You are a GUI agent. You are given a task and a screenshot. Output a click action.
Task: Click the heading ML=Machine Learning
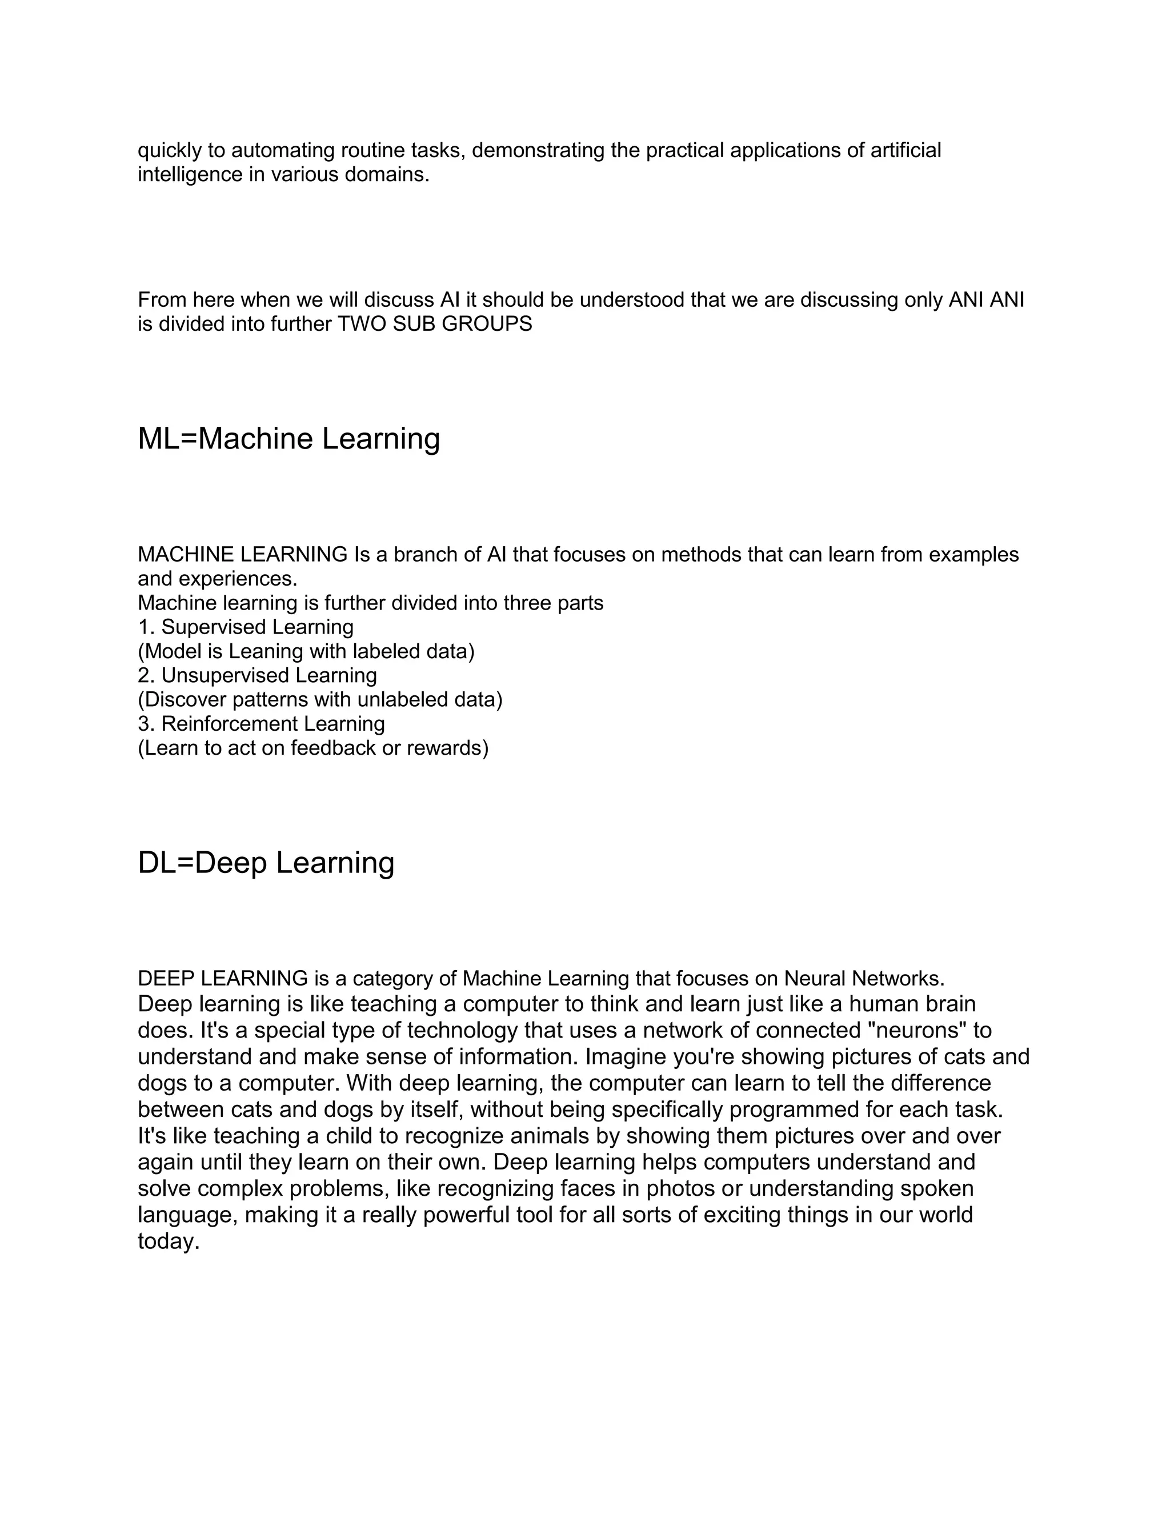(x=289, y=439)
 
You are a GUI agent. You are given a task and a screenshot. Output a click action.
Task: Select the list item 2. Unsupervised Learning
(x=257, y=675)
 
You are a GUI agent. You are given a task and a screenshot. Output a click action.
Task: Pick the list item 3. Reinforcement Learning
(x=261, y=724)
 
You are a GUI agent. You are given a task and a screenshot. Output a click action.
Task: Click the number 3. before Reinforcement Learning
(x=146, y=724)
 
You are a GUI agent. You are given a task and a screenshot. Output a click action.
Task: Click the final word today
(x=169, y=1241)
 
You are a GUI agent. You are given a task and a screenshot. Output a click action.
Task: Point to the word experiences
(x=243, y=579)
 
